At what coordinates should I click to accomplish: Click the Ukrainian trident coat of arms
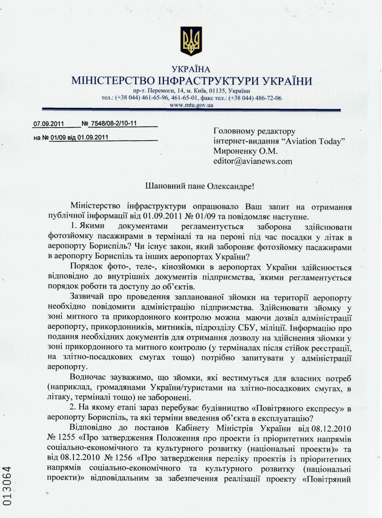tap(191, 41)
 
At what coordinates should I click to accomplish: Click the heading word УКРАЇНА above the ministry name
tap(191, 70)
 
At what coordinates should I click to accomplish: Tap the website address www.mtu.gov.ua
tap(191, 105)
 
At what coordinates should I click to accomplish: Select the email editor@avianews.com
tap(253, 161)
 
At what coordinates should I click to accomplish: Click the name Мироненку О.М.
tap(245, 151)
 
